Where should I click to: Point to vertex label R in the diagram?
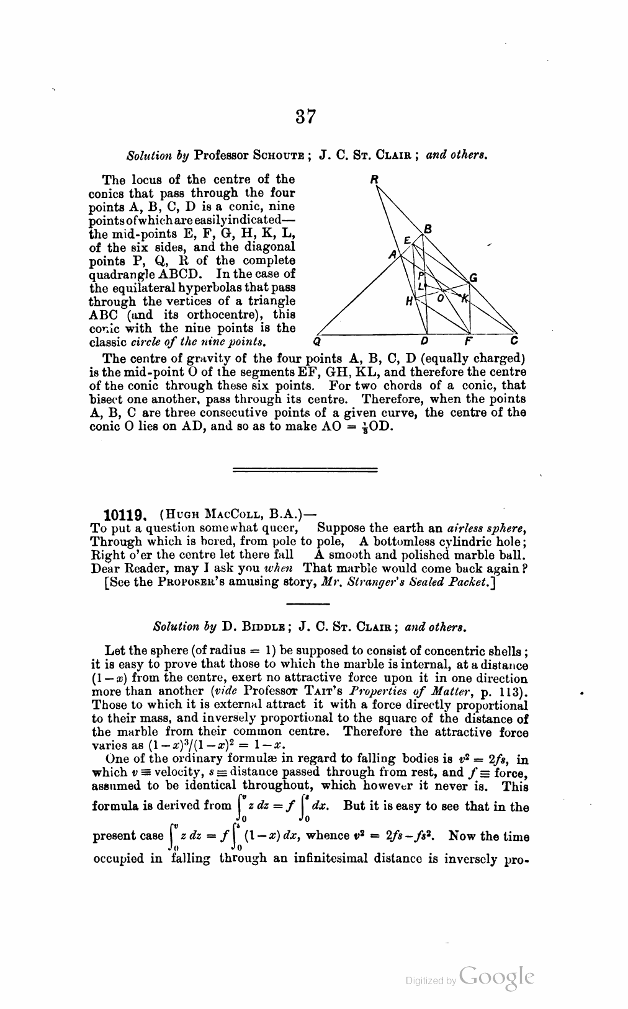374,180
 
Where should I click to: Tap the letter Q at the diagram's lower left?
317,340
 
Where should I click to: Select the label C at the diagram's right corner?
514,340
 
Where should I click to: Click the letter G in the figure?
473,278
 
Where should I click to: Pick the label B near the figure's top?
427,229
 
